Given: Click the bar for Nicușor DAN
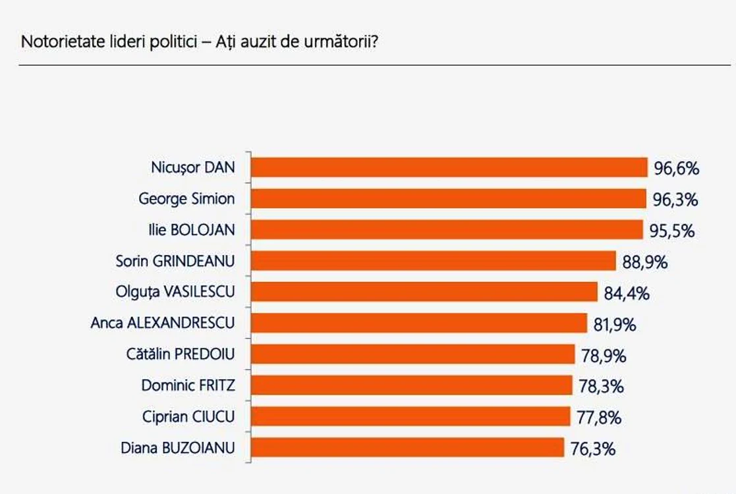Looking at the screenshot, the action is [x=449, y=167].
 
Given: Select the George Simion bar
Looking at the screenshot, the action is [x=449, y=198].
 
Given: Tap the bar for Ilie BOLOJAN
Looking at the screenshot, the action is [x=447, y=229].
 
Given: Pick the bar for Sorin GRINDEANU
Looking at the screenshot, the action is [x=434, y=261].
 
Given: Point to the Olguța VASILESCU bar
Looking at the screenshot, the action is [x=424, y=292].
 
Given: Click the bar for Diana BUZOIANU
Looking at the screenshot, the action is [x=407, y=447].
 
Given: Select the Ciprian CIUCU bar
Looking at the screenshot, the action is [x=410, y=416].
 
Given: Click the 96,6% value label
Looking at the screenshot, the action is [x=677, y=169].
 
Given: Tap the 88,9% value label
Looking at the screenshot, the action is [x=645, y=262].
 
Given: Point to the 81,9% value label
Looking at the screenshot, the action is [x=615, y=325].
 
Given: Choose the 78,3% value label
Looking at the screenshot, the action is [x=602, y=387].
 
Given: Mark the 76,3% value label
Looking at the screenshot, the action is [x=593, y=449].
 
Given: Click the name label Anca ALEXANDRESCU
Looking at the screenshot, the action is [x=162, y=323].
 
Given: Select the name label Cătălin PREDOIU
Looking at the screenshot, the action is [x=181, y=354].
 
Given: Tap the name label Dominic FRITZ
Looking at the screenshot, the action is [x=188, y=385].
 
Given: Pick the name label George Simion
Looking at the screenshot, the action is [x=186, y=199].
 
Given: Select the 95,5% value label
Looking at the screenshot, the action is [x=672, y=231].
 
